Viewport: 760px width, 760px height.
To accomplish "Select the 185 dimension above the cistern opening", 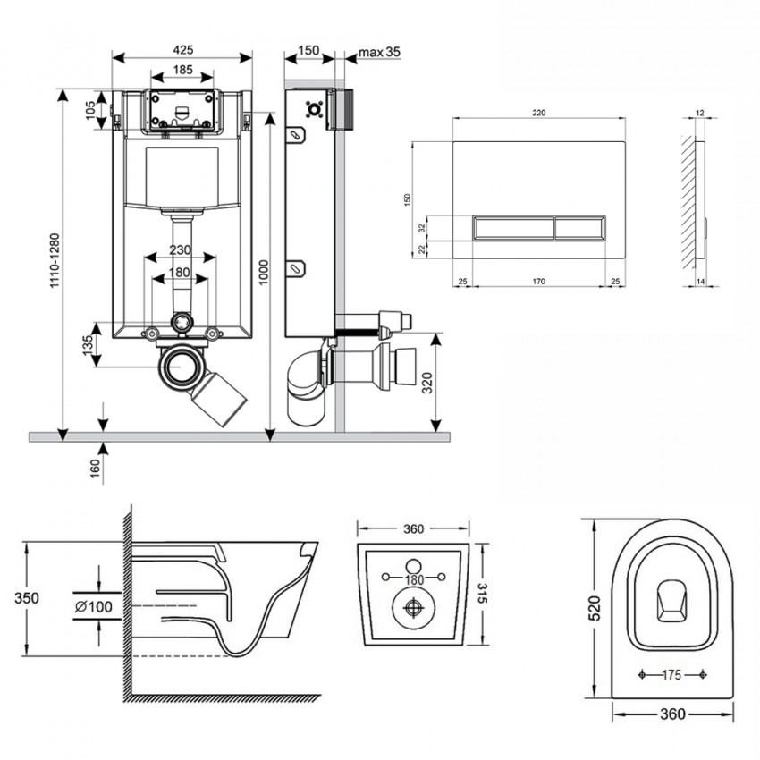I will click(x=182, y=69).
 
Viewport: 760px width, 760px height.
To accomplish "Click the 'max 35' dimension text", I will click(x=379, y=51).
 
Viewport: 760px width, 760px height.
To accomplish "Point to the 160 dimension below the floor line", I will click(x=96, y=467).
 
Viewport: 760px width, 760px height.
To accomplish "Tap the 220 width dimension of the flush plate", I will click(x=538, y=114).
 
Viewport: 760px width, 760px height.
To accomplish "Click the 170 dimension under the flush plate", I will click(x=538, y=283).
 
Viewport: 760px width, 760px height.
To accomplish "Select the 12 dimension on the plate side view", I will click(x=699, y=114).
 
